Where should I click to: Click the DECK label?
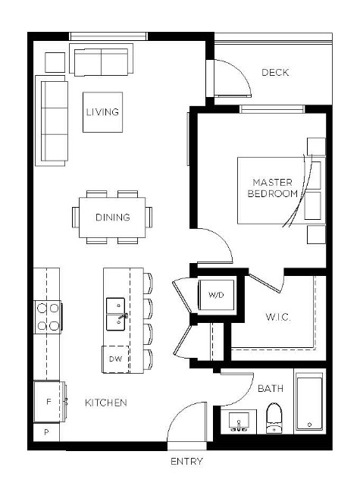[275, 73]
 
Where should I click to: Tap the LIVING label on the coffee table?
[102, 112]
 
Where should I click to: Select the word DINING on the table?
[113, 217]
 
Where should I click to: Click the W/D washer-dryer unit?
[216, 295]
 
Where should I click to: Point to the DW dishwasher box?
[115, 359]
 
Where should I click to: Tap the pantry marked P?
[46, 432]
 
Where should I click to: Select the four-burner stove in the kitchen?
[48, 317]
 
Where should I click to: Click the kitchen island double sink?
[117, 314]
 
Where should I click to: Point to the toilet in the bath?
[274, 418]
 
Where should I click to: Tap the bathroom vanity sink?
[239, 421]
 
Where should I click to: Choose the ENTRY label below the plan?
[187, 461]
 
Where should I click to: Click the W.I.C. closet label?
[278, 317]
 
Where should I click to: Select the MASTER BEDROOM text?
[273, 188]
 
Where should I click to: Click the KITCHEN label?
[106, 403]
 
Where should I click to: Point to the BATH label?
[271, 388]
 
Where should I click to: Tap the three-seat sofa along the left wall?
[52, 121]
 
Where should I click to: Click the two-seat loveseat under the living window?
[101, 60]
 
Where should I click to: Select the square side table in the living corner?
[55, 62]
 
